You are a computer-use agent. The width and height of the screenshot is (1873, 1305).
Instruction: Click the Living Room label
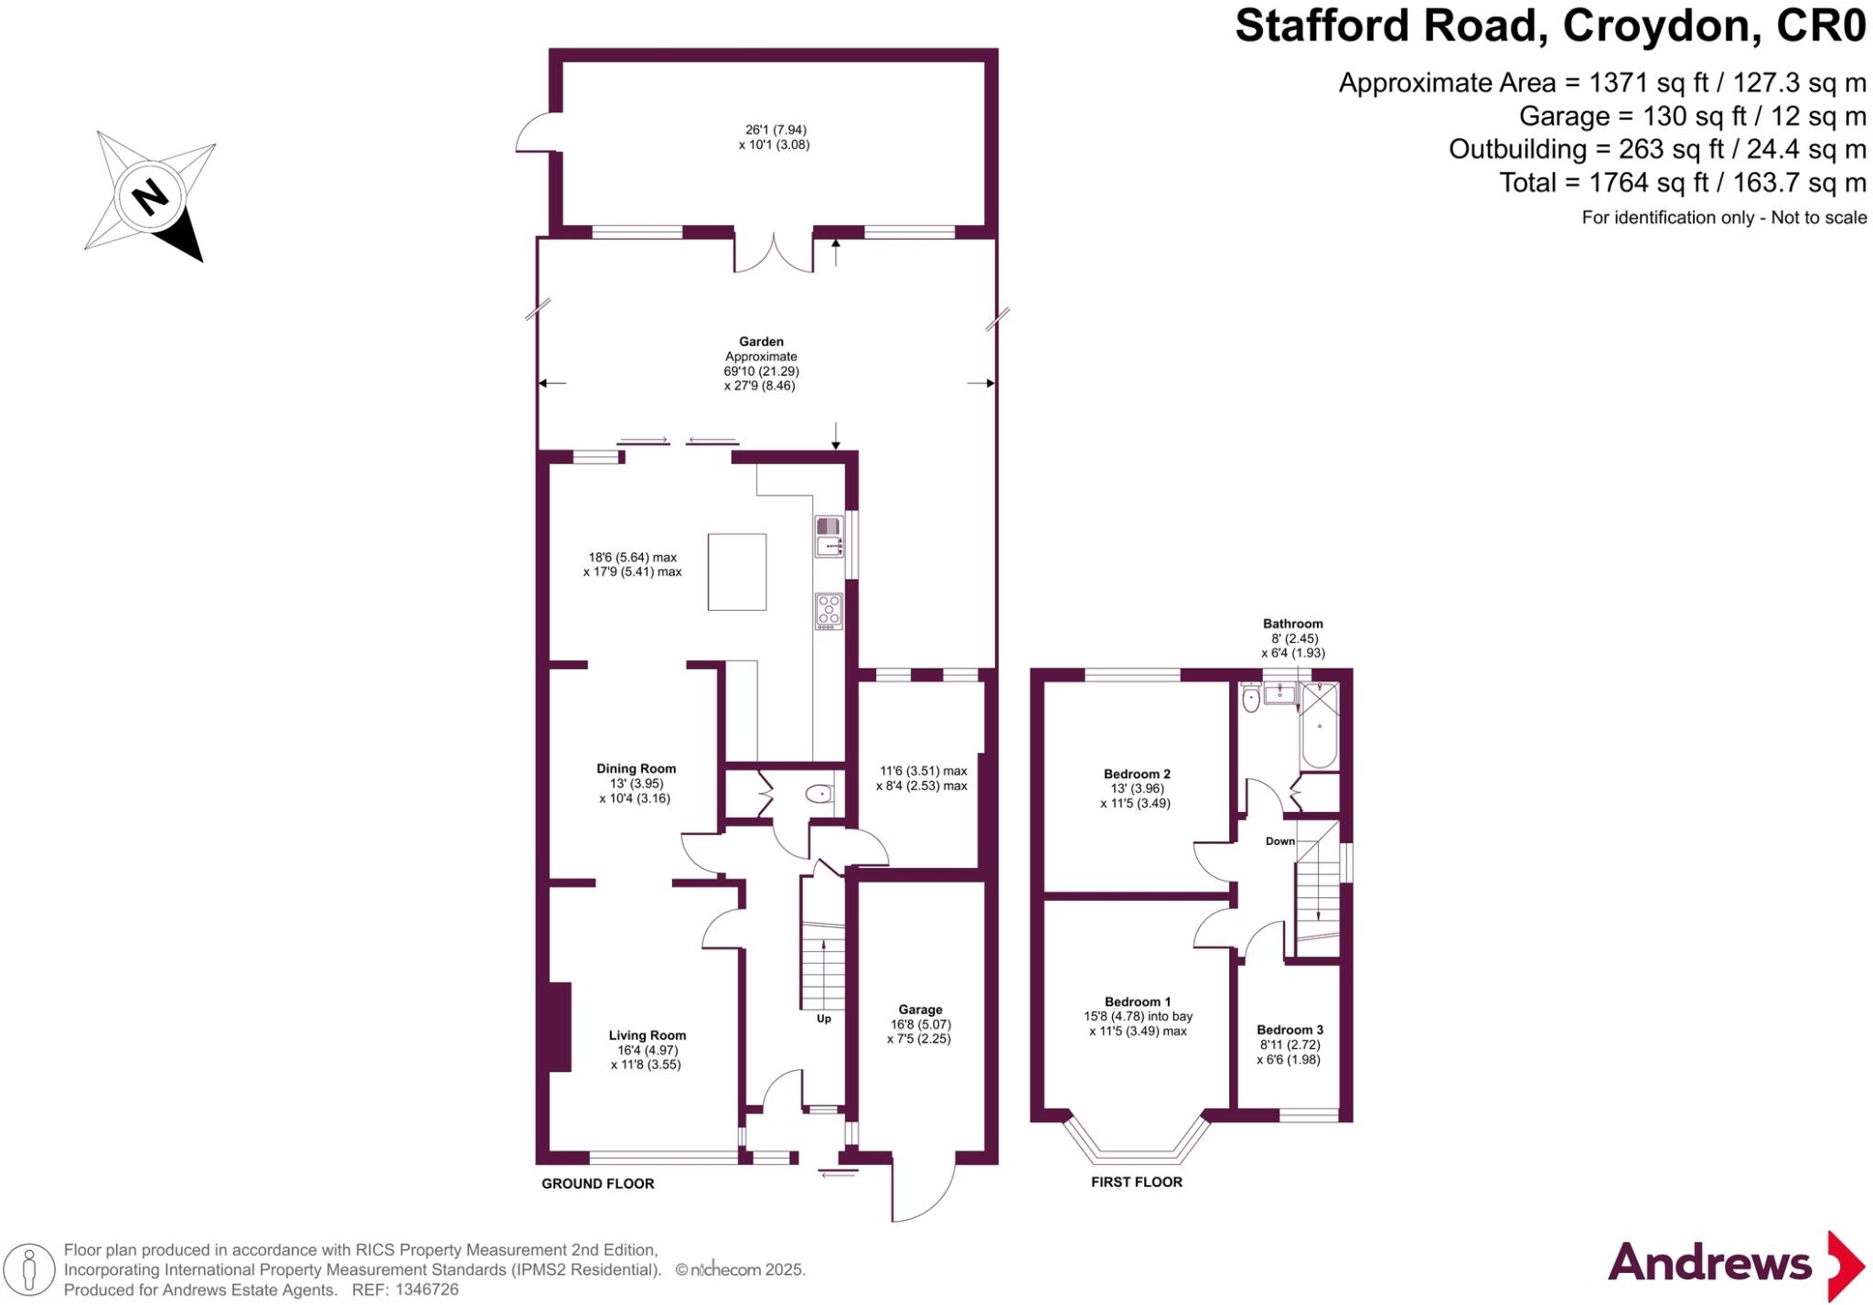point(647,1035)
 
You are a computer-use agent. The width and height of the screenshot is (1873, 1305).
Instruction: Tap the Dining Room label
point(636,768)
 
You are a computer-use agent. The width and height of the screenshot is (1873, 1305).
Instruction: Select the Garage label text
point(920,1010)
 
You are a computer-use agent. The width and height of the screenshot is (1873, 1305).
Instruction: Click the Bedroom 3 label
point(1290,1030)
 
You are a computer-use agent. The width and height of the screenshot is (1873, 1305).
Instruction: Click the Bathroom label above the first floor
point(1292,624)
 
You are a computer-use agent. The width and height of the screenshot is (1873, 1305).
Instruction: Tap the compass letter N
point(150,196)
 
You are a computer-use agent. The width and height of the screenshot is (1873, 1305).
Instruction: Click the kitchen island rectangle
point(736,572)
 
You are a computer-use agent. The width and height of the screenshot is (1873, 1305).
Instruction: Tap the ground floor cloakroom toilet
point(819,795)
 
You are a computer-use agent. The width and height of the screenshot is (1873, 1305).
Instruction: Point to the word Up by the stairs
point(824,1019)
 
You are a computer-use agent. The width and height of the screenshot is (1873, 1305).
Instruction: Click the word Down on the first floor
point(1279,841)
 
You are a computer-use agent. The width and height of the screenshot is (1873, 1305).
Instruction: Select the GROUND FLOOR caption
point(597,1183)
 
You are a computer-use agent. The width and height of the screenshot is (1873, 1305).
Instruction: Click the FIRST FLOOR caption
point(1136,1182)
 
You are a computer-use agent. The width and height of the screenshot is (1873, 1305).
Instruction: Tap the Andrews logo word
point(1709,1263)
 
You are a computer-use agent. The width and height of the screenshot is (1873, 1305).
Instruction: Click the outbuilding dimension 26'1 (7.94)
point(775,130)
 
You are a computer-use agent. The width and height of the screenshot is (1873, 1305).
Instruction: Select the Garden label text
point(761,342)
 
